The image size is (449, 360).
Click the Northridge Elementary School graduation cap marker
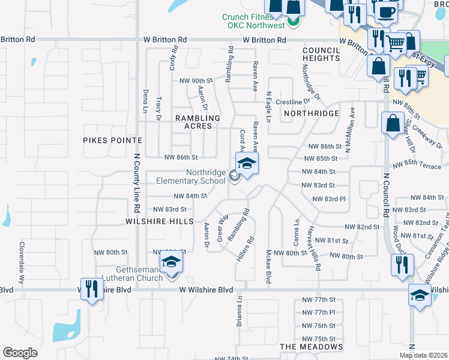coord(247,163)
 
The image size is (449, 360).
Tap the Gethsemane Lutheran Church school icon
coord(171,263)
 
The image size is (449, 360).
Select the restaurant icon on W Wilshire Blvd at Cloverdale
coord(91,290)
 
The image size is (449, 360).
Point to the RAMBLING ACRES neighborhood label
coord(193,122)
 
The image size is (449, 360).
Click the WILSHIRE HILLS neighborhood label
coord(159,221)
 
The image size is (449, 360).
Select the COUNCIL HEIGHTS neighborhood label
coord(321,54)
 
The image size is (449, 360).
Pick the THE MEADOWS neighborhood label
coord(312,347)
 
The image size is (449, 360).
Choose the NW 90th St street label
coord(196,80)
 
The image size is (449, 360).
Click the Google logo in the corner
coord(20,353)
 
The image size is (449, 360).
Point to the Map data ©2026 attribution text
coord(424,355)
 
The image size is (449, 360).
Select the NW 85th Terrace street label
coord(417,166)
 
